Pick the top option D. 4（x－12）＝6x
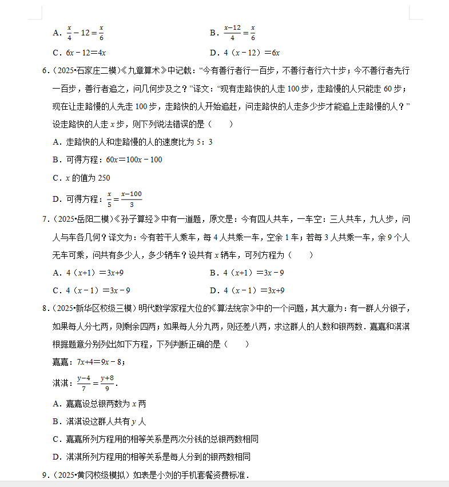tap(244, 53)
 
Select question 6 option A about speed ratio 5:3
tap(132, 142)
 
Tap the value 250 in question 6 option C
tap(104, 178)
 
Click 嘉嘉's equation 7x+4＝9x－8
tap(101, 362)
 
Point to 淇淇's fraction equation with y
tap(96, 382)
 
